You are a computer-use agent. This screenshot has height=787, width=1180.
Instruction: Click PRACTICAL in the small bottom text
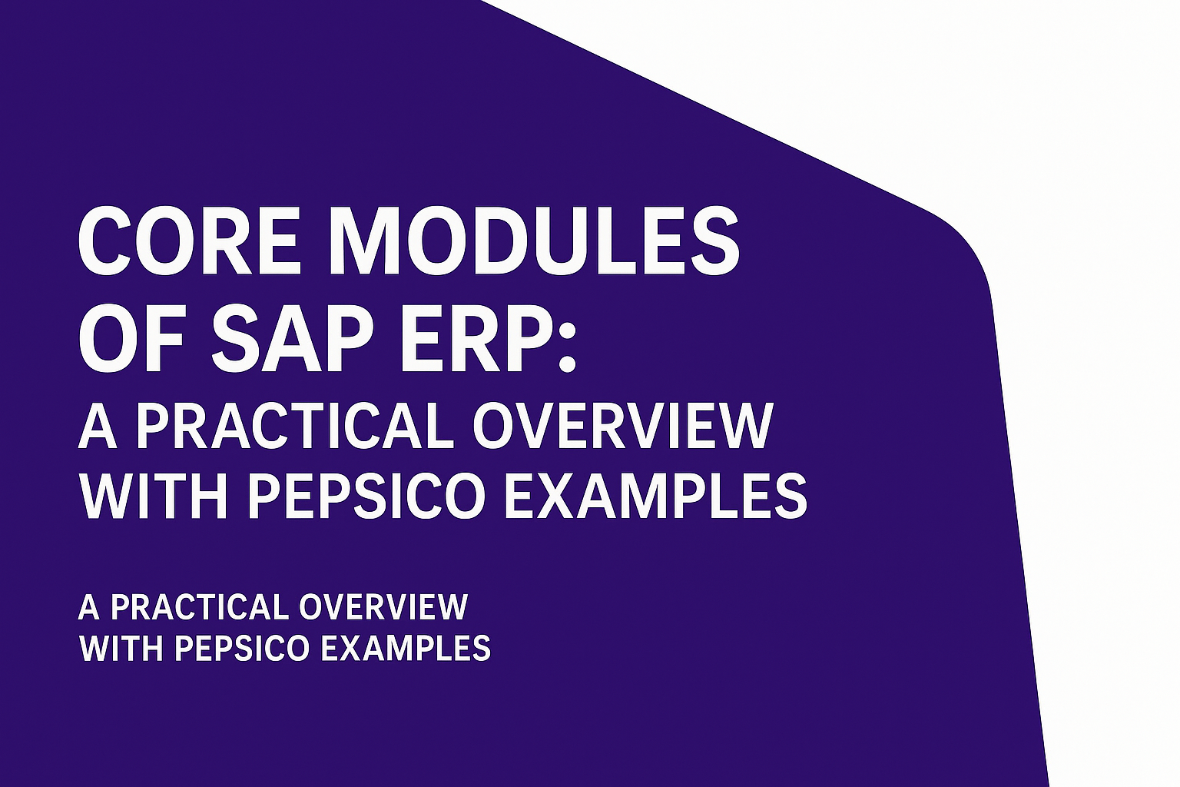[x=198, y=607]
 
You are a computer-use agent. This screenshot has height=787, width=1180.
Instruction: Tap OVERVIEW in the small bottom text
[x=383, y=607]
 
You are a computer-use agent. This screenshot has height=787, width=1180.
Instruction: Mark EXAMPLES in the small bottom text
[x=405, y=648]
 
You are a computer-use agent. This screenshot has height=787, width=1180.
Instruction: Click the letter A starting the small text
[x=89, y=607]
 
